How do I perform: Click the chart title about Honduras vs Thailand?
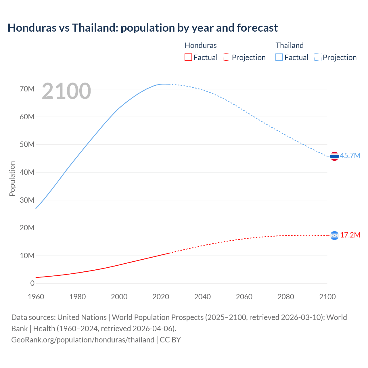point(143,28)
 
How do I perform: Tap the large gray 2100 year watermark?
point(66,91)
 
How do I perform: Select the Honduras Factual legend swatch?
point(188,57)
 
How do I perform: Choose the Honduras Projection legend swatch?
point(227,57)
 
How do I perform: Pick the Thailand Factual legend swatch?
point(279,57)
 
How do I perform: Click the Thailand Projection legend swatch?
point(317,57)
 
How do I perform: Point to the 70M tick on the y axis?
point(27,89)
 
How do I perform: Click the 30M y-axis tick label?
point(27,200)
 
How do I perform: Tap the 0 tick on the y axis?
point(32,283)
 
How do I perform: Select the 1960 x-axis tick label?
point(36,297)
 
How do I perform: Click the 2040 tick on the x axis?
point(202,297)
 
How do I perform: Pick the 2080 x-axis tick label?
point(286,297)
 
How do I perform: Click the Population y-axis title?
point(12,179)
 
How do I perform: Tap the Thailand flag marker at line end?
point(334,156)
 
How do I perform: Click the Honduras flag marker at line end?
point(334,235)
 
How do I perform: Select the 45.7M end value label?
point(350,156)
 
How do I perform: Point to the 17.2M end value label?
point(350,235)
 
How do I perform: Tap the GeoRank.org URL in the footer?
point(83,340)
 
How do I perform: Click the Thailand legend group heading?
point(290,45)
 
